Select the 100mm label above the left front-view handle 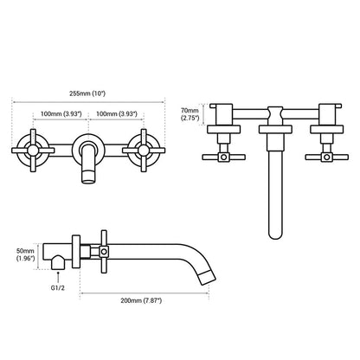pos(60,112)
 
